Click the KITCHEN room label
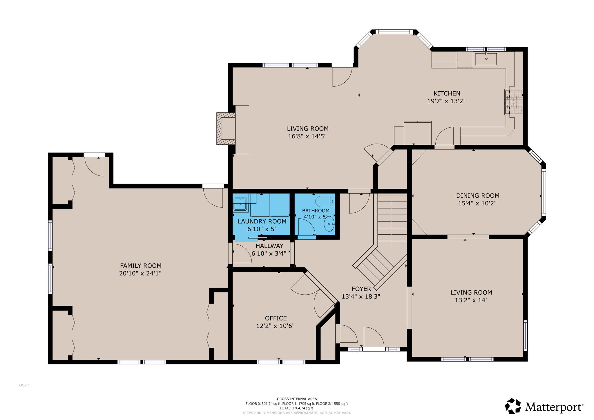pos(447,93)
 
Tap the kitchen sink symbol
pos(486,59)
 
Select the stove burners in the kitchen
pos(514,102)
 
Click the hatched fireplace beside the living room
pos(226,128)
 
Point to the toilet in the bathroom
pos(324,201)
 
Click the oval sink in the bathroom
pos(329,224)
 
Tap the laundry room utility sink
pos(240,204)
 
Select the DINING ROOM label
pos(477,195)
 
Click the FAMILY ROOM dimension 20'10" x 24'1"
pos(140,273)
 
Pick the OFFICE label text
pos(276,318)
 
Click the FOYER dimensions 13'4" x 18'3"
pos(361,296)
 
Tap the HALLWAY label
pos(269,246)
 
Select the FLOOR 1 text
pos(23,385)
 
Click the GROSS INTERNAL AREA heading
pos(297,399)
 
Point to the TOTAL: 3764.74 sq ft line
pos(297,408)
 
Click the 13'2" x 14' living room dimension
pos(470,300)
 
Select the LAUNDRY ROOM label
pos(262,221)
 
